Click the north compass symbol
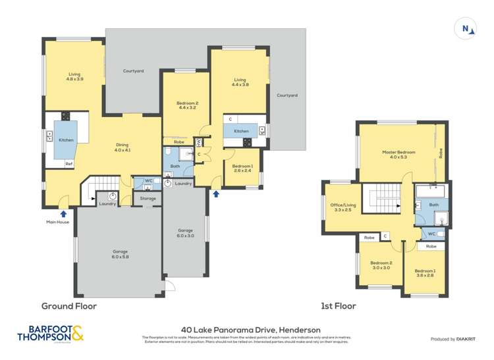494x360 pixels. pyautogui.click(x=465, y=28)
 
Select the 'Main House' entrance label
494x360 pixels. pyautogui.click(x=57, y=222)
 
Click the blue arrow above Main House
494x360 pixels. pyautogui.click(x=63, y=213)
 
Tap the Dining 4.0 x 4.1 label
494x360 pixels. pyautogui.click(x=123, y=147)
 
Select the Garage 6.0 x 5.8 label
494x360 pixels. pyautogui.click(x=120, y=254)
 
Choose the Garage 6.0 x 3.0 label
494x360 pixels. pyautogui.click(x=185, y=233)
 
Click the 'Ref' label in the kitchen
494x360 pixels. pyautogui.click(x=68, y=163)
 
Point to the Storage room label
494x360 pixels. pyautogui.click(x=148, y=198)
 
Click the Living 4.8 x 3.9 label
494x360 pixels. pyautogui.click(x=74, y=76)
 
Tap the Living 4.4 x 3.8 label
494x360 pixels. pyautogui.click(x=239, y=82)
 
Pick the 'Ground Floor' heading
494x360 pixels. pyautogui.click(x=69, y=306)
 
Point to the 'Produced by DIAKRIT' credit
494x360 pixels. pyautogui.click(x=452, y=339)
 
